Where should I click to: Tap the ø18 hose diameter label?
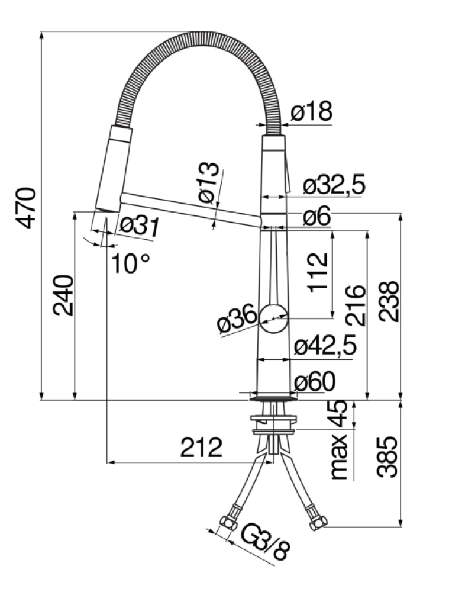[312, 112]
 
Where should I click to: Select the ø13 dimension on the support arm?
[209, 184]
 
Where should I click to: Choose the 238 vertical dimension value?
[389, 301]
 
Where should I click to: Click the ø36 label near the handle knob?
[237, 320]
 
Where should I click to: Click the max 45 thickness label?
[340, 439]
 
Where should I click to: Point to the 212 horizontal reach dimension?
[201, 448]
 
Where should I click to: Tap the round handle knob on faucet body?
[273, 317]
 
